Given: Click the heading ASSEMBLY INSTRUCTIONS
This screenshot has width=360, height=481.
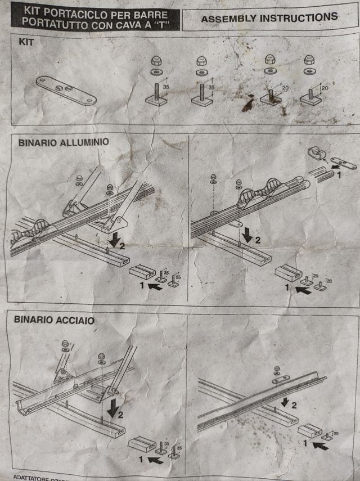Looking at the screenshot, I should (x=269, y=18).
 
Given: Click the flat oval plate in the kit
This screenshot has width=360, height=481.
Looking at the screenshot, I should (x=66, y=90).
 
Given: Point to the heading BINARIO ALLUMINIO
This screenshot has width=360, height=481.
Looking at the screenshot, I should (x=64, y=143).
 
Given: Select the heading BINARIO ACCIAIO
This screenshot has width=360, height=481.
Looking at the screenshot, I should (x=54, y=320).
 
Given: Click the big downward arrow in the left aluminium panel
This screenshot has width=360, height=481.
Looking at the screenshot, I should (x=115, y=240).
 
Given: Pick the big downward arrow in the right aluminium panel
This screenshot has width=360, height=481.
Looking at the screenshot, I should (x=246, y=236).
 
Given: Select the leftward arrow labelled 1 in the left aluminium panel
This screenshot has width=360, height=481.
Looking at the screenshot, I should (x=154, y=287).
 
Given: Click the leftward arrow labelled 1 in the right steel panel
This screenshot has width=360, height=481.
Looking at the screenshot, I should (x=319, y=446).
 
